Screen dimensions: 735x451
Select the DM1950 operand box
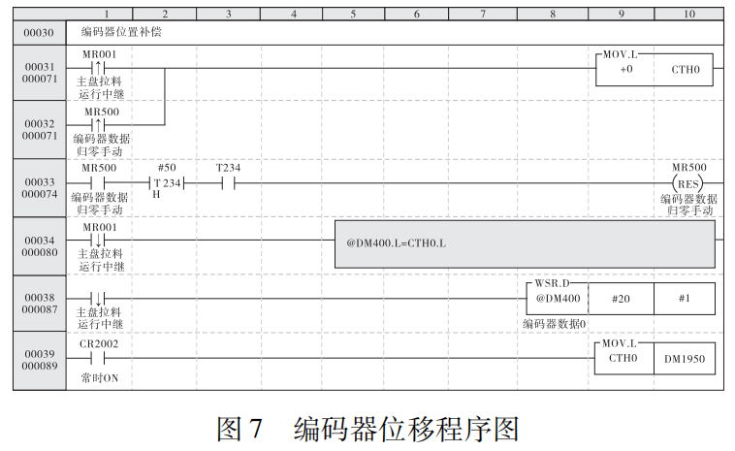pos(685,358)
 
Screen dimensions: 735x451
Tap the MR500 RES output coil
pos(688,182)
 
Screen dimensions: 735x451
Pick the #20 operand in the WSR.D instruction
pos(621,299)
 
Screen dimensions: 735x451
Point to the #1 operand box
pos(685,299)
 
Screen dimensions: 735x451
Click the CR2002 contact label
pos(98,344)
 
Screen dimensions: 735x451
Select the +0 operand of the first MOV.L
pos(625,71)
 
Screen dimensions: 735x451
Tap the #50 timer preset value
pos(166,168)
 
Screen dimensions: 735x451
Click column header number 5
pos(353,15)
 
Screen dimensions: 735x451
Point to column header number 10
pos(688,15)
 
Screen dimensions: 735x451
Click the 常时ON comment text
pos(100,376)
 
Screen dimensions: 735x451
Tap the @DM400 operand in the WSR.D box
pos(557,299)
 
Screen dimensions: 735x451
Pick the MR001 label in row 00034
pos(98,227)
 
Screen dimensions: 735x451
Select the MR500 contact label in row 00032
pos(101,112)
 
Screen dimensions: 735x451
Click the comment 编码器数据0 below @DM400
pos(555,323)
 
